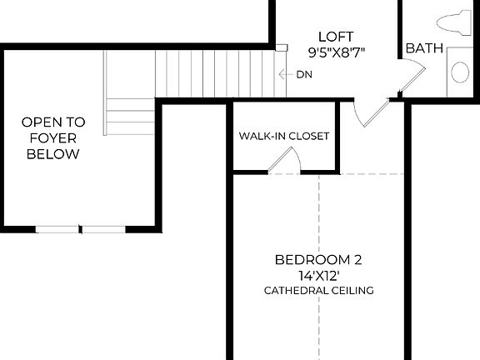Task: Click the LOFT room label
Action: pos(336,37)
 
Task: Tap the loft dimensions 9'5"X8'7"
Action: pos(336,52)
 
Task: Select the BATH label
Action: pos(423,49)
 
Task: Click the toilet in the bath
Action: pos(455,22)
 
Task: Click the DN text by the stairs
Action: pos(303,73)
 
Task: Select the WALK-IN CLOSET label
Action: pos(283,136)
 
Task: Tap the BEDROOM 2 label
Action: pos(318,260)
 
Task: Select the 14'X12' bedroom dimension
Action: pos(318,275)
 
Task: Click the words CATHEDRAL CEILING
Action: pos(318,291)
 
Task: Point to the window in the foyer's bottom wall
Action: pos(80,228)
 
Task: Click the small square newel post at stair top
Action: pos(282,47)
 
